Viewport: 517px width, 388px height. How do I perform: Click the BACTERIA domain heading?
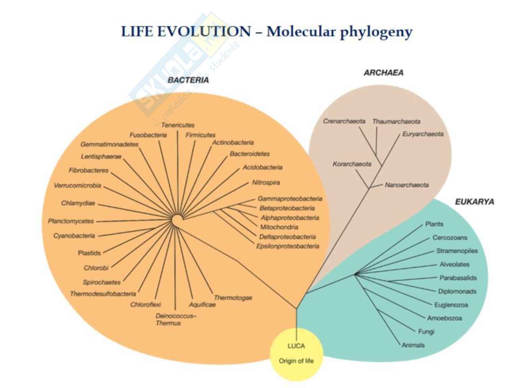point(188,80)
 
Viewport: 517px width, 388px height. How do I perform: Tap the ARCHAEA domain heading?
point(383,73)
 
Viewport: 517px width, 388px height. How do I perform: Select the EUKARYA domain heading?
point(474,201)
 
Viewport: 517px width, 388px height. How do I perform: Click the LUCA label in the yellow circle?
point(296,346)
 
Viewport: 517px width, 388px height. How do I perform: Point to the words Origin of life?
point(296,361)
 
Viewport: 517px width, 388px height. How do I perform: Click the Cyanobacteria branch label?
point(74,236)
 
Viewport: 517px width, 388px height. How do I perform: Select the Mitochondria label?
point(279,227)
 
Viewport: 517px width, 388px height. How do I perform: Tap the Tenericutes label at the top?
point(178,125)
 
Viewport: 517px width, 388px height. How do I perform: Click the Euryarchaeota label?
point(423,134)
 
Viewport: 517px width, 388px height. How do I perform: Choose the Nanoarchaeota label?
point(407,185)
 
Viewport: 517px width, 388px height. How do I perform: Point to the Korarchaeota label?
point(352,164)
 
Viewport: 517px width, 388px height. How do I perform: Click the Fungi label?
point(426,332)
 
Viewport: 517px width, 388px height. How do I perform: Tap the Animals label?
point(413,345)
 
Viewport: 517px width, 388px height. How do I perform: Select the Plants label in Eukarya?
point(434,224)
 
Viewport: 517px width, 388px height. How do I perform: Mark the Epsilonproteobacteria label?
point(288,246)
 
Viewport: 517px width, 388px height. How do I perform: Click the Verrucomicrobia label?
point(77,186)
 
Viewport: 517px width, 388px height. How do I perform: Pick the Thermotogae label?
point(233,298)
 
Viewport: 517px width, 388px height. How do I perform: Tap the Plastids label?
point(89,253)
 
